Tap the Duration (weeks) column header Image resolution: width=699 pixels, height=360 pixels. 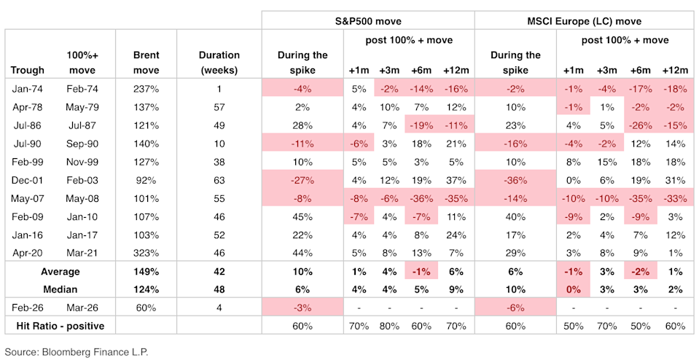coord(219,63)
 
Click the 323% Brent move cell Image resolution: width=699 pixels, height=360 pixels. coord(147,252)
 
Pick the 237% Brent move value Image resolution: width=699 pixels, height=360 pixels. coord(147,89)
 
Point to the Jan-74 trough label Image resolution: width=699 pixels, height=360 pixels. coord(27,89)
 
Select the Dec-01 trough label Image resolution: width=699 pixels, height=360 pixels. coord(27,179)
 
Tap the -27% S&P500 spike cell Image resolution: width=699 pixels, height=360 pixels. coord(302,179)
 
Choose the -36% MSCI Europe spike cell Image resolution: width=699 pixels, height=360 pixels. coord(515,179)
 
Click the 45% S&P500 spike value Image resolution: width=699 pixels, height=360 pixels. coord(302,216)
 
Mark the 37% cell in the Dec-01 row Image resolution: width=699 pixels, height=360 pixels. coord(456,179)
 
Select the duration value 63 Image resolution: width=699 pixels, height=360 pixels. coord(219,179)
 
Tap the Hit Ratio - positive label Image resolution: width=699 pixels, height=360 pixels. coord(60,324)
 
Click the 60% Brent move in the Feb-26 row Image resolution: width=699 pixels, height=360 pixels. coord(147,307)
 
